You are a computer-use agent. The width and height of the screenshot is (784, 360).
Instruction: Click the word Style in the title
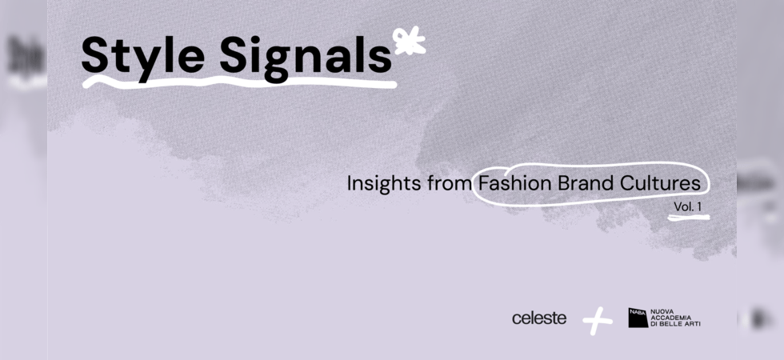(143, 56)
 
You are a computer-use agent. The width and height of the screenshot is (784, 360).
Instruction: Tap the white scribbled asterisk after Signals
(409, 41)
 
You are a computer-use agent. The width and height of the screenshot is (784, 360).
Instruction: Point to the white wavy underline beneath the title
(239, 82)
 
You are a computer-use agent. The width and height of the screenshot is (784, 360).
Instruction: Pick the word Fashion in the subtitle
(514, 183)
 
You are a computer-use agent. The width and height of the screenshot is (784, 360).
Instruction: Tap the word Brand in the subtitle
(586, 183)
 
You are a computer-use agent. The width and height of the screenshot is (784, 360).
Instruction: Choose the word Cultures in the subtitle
(660, 183)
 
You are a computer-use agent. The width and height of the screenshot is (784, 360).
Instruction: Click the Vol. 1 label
(687, 206)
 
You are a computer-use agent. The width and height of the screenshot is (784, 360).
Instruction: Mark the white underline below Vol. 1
(689, 218)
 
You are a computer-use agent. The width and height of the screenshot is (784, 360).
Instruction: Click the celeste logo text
(539, 318)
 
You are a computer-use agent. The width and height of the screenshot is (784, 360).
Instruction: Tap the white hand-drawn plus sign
(597, 321)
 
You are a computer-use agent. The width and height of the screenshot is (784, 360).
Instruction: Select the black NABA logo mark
(638, 318)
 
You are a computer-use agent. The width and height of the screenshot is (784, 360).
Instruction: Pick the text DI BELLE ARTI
(675, 324)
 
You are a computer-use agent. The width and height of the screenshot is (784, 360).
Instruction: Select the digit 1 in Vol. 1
(698, 206)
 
